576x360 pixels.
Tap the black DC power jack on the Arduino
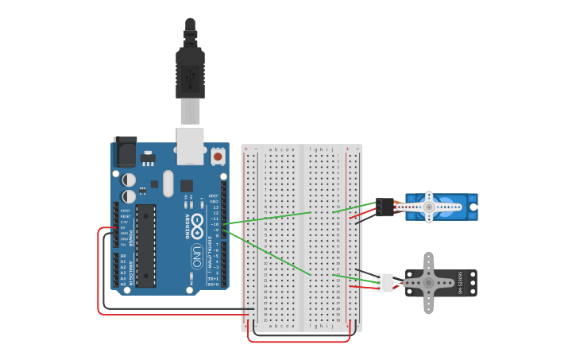coord(125,151)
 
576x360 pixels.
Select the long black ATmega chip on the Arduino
coord(145,245)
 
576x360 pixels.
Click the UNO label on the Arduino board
coord(196,256)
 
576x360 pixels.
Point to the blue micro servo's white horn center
coord(429,207)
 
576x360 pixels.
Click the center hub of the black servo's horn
coord(428,282)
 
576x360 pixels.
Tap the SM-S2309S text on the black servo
coord(460,283)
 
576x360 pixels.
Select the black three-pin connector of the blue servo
coord(385,207)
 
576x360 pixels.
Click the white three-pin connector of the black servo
coord(385,282)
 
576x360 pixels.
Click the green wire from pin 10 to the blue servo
coord(270,218)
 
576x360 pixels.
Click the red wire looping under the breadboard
coord(298,341)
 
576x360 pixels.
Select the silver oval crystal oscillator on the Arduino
coord(168,183)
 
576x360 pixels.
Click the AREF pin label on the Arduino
coord(213,195)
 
